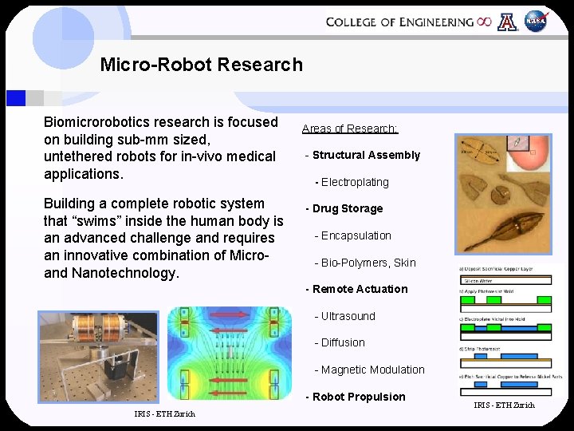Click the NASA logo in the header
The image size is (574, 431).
536,22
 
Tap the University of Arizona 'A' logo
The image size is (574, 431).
507,22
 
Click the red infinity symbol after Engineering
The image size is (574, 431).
484,22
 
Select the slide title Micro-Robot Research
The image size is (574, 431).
201,65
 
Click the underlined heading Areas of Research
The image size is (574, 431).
350,129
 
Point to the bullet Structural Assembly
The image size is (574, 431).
364,155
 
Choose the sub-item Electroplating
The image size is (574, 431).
354,182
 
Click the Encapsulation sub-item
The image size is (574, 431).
354,235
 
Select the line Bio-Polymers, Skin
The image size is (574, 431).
364,263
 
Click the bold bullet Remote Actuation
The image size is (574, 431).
358,289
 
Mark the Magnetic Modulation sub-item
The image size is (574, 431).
371,370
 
